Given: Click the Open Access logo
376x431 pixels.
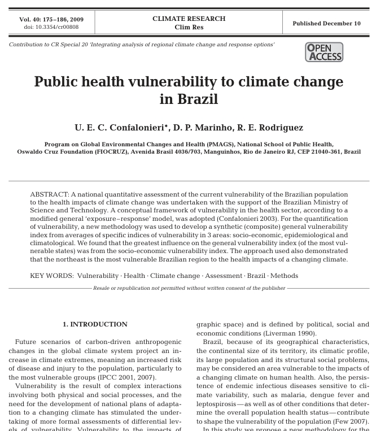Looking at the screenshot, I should [324, 52].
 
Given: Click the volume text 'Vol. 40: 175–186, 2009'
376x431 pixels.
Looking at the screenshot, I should [51, 19].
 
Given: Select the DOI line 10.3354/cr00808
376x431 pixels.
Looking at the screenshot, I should [51, 27].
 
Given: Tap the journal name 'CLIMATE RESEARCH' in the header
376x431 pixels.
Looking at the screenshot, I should [189, 19].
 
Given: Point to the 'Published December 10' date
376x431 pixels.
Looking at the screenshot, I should [326, 23].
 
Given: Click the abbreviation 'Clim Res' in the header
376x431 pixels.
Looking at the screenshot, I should [189, 27].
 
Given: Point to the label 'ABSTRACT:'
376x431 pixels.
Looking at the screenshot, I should [49, 195].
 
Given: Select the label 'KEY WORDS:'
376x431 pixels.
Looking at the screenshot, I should [51, 276].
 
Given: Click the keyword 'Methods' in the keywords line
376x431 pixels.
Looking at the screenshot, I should [284, 276].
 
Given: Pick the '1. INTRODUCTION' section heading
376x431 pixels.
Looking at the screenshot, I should [95, 324].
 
